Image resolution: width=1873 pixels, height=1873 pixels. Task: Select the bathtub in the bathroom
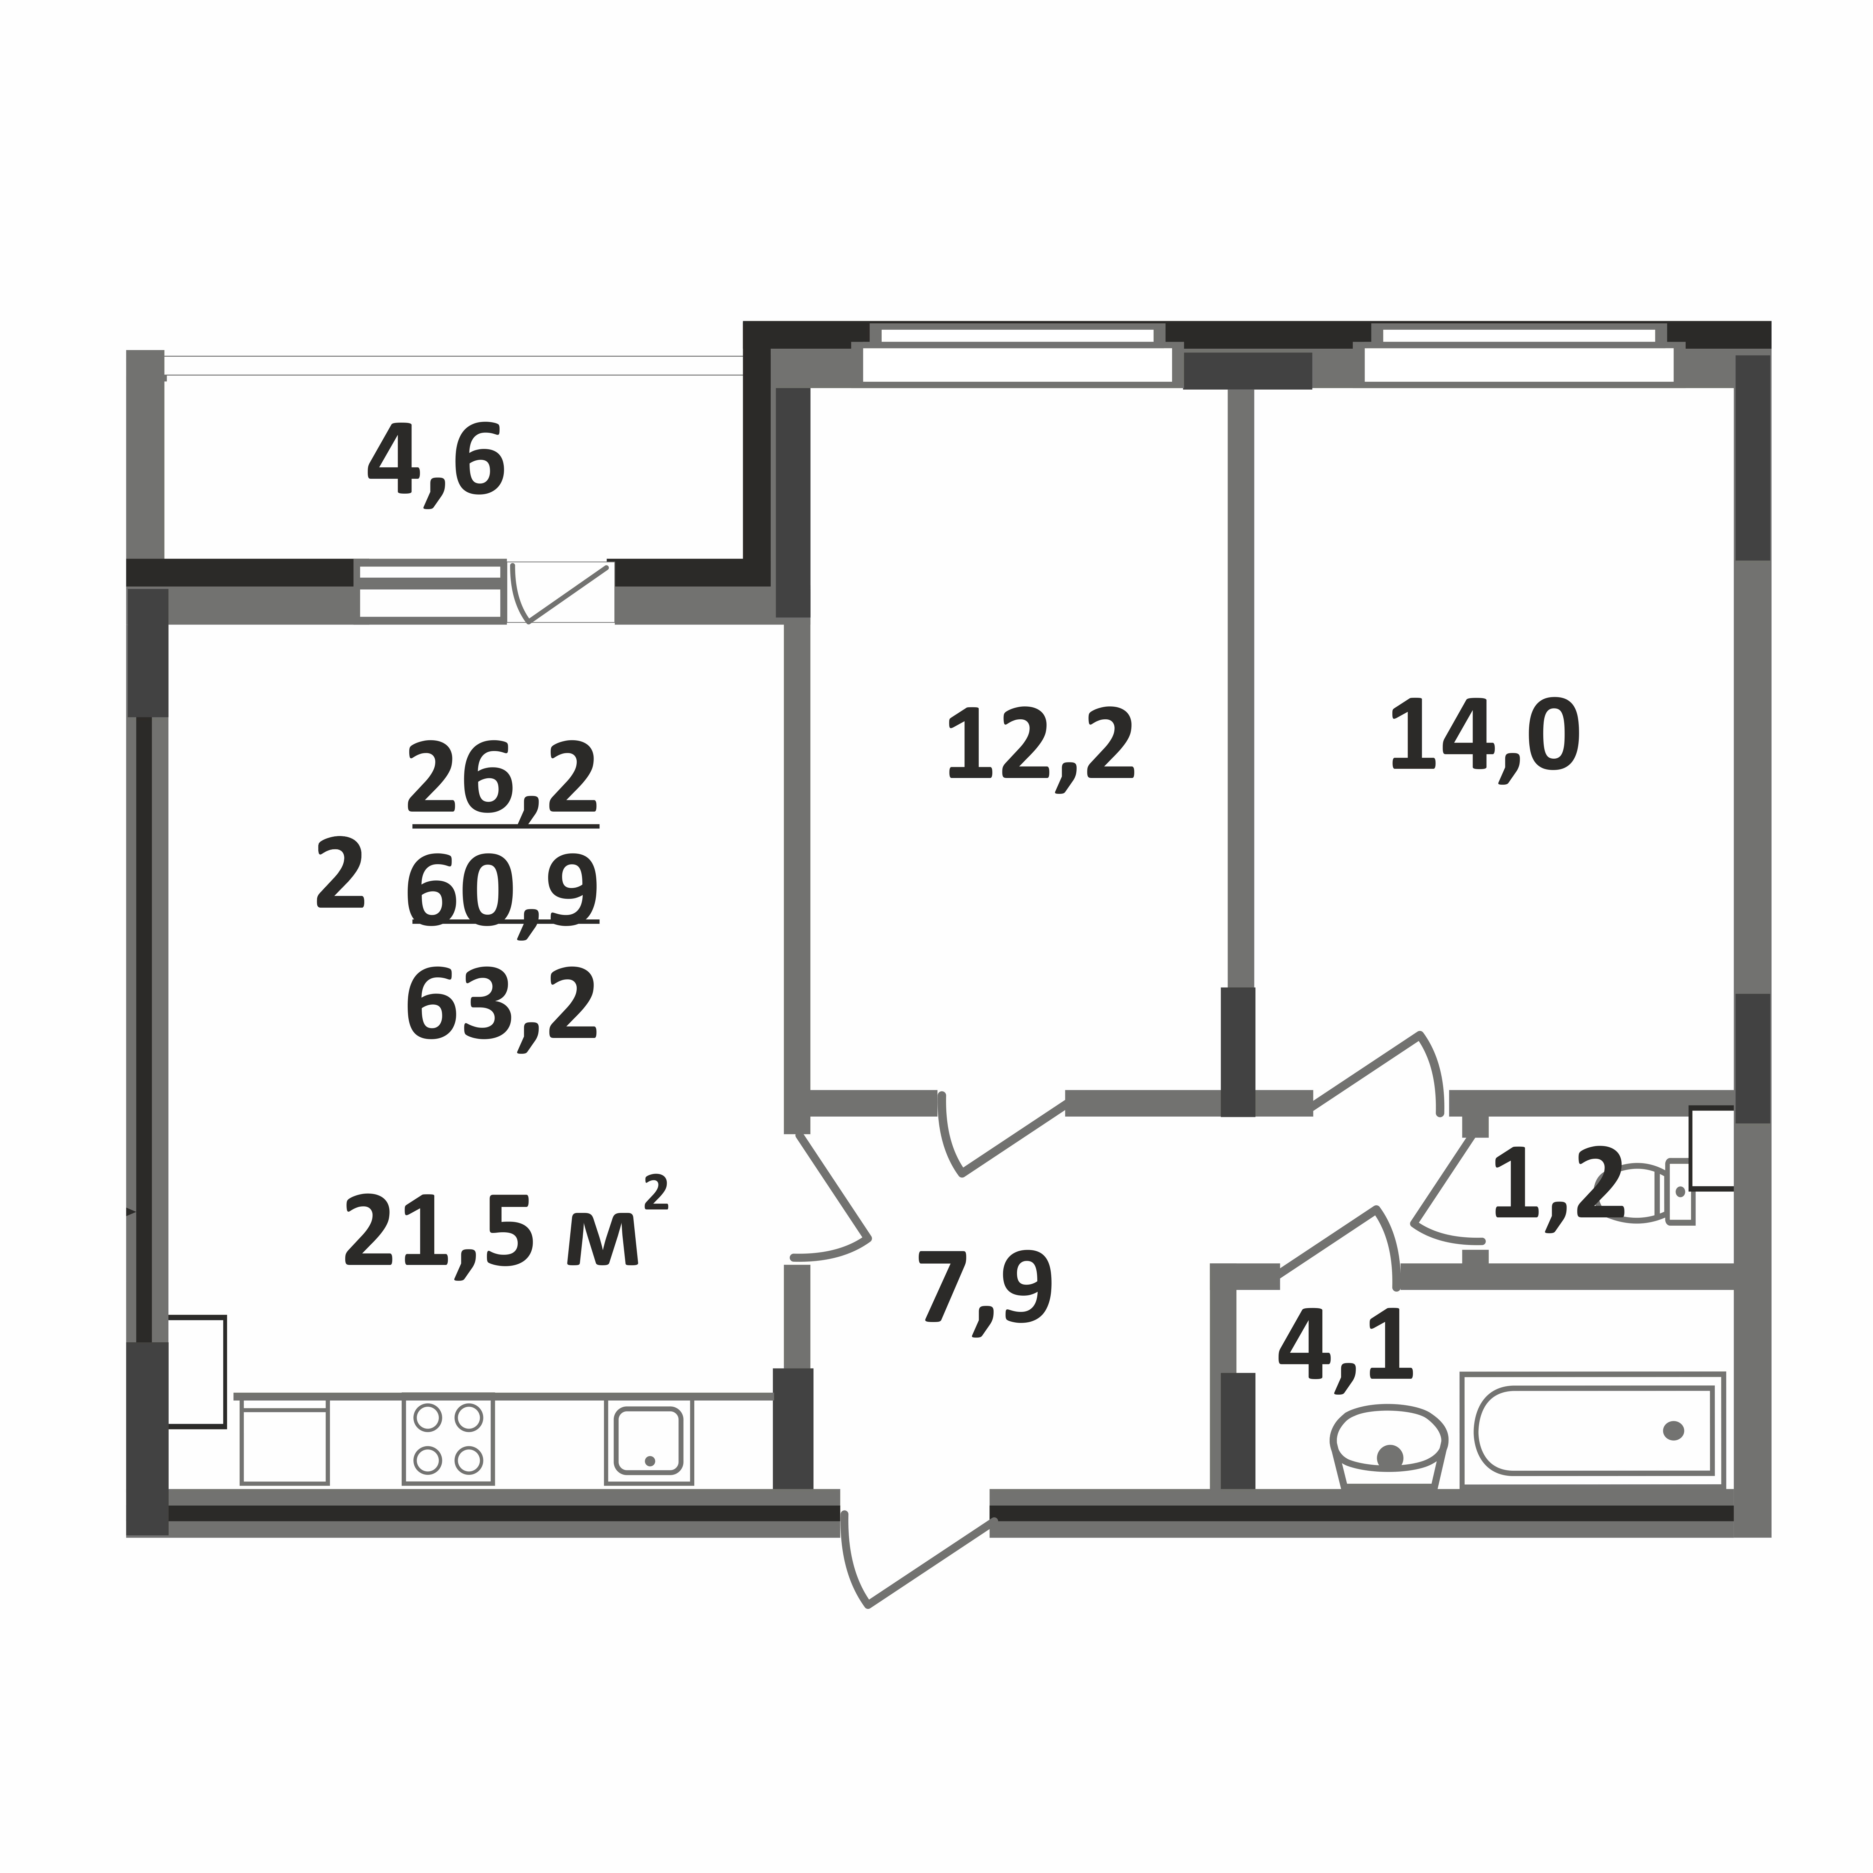1593,1430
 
